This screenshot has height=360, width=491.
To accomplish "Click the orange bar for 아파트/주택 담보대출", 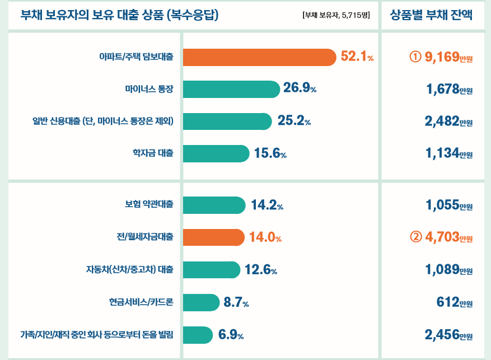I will pyautogui.click(x=259, y=57).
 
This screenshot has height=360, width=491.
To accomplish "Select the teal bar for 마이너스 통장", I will pyautogui.click(x=231, y=89).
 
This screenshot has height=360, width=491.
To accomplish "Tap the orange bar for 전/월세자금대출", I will pyautogui.click(x=213, y=237).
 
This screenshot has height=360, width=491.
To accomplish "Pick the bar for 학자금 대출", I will pyautogui.click(x=216, y=153).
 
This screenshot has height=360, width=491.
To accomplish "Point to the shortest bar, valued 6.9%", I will pyautogui.click(x=198, y=335).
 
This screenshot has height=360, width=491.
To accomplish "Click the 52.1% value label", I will pyautogui.click(x=357, y=57).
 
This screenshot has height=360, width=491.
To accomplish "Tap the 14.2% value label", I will pyautogui.click(x=267, y=205).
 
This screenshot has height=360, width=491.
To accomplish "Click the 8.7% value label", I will pyautogui.click(x=236, y=303).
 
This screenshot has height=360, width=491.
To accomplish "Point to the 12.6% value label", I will pyautogui.click(x=261, y=270).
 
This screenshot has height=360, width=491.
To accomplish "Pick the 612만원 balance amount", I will pyautogui.click(x=454, y=303).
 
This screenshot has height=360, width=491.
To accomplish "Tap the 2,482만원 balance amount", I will pyautogui.click(x=448, y=121).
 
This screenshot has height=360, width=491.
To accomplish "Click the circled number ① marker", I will pyautogui.click(x=415, y=57).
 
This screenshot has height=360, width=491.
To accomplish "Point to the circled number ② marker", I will pyautogui.click(x=415, y=237).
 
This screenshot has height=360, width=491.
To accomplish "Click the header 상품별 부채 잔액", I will pyautogui.click(x=431, y=15).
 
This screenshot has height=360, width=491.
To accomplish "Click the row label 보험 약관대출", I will pyautogui.click(x=149, y=205).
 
